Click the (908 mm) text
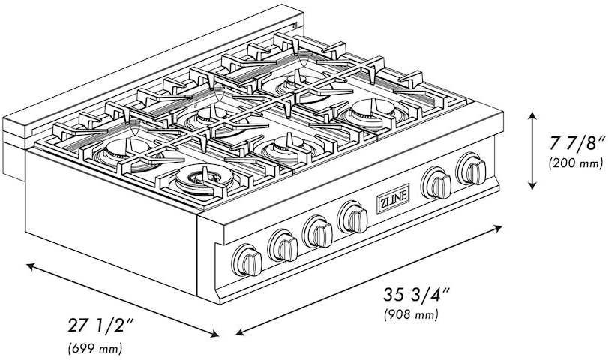point(410,315)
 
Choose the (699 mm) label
point(95,348)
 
